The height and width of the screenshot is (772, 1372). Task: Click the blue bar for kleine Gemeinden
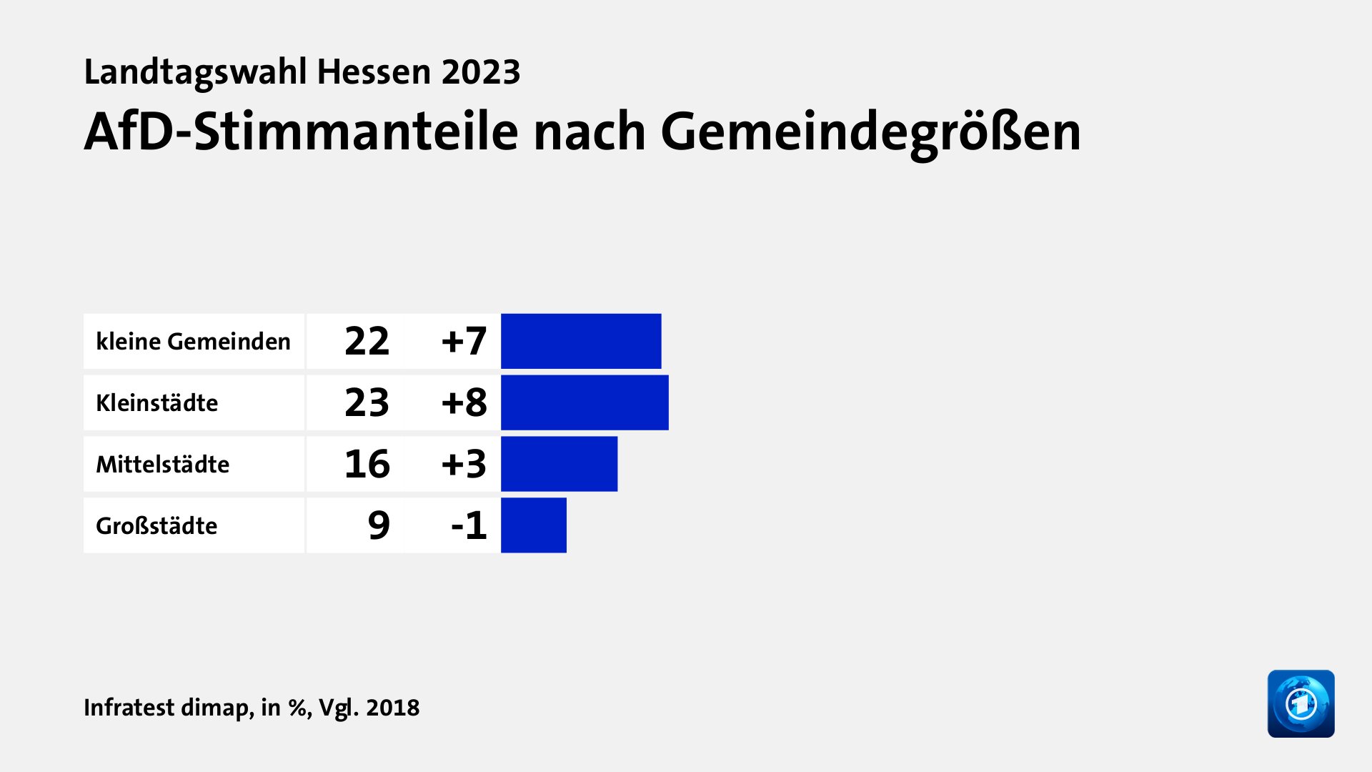coord(581,341)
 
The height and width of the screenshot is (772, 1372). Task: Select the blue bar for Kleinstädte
coord(585,402)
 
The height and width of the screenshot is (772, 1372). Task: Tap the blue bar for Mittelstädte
coord(559,464)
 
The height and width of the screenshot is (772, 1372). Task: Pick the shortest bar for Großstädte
coord(534,525)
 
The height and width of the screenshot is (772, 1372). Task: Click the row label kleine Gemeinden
coord(193,342)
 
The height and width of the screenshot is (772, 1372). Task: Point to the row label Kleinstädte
coord(156,403)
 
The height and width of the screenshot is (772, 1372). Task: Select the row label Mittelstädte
coord(162,465)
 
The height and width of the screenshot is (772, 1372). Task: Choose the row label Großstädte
coord(156,526)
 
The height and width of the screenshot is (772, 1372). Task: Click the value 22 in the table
coord(367,341)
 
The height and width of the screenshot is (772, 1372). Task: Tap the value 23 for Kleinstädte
coord(367,402)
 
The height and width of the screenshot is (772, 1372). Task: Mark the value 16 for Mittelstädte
coord(367,464)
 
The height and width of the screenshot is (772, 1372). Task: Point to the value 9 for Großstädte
coord(379,525)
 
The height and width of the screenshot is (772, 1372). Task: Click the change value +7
coord(464,341)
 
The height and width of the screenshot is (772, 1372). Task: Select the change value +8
coord(464,402)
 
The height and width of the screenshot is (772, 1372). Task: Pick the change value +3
coord(464,464)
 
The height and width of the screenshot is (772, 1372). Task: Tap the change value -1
coord(469,525)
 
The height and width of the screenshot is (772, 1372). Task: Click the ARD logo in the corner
coord(1301,703)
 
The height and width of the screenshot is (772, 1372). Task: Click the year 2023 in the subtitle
coord(480,72)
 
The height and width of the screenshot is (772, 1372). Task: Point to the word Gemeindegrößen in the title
coord(870,132)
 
